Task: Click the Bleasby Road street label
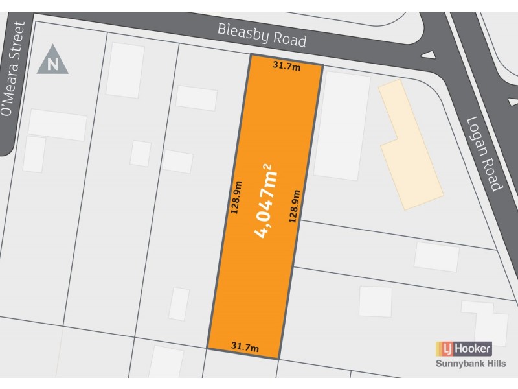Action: click(x=262, y=36)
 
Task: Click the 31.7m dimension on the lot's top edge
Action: click(x=285, y=65)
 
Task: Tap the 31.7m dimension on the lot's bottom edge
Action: click(x=245, y=348)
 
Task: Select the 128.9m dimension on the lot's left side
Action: click(x=235, y=196)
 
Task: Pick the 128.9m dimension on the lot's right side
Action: click(x=295, y=206)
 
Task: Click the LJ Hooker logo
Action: click(x=464, y=349)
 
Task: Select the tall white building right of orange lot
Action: click(x=342, y=125)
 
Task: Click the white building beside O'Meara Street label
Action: click(x=57, y=125)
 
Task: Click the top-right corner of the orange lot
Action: click(x=322, y=65)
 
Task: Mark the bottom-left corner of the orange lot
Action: click(x=208, y=348)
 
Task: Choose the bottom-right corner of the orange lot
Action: click(x=279, y=359)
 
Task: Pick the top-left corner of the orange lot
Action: click(x=251, y=55)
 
